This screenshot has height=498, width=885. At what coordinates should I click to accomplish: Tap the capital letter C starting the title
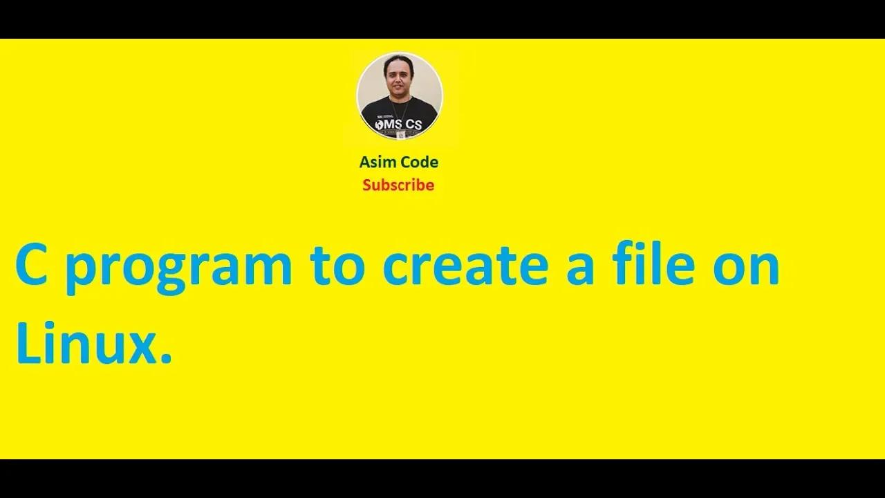32,265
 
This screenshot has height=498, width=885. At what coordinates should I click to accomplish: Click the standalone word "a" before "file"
580,267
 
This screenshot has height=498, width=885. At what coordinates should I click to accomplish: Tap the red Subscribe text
398,185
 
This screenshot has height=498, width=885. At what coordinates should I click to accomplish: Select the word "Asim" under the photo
378,163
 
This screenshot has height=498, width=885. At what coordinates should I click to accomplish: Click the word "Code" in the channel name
419,163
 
